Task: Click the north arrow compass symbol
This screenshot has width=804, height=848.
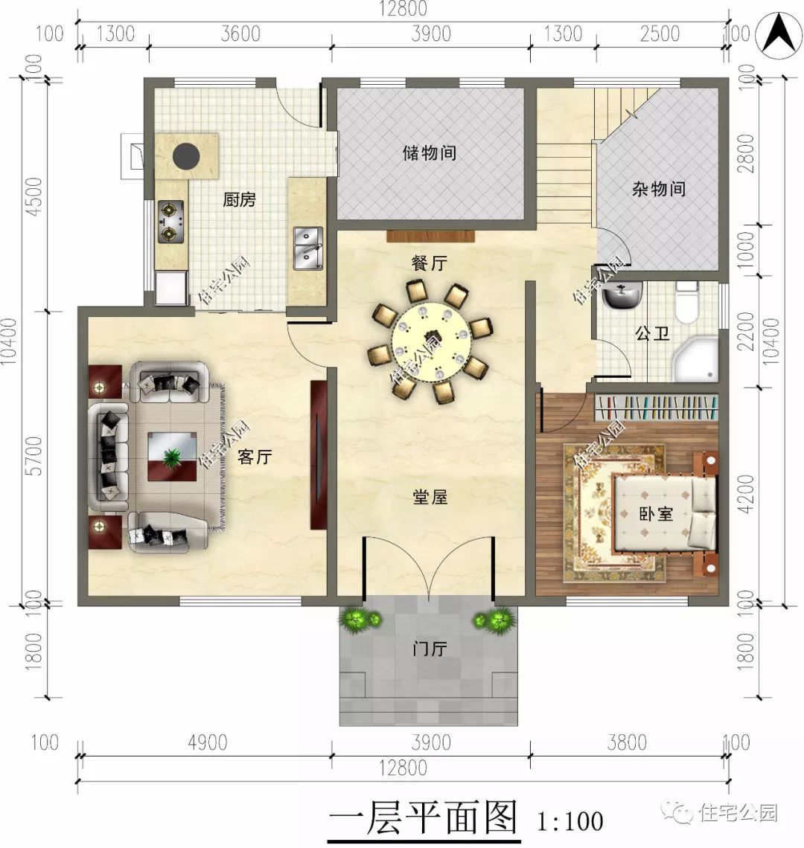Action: (x=778, y=34)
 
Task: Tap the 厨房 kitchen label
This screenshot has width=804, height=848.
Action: (x=239, y=199)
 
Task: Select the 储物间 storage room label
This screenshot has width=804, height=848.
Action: (x=430, y=153)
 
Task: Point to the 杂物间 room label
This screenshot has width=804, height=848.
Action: (x=659, y=188)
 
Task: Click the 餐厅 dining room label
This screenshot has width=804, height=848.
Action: (x=430, y=263)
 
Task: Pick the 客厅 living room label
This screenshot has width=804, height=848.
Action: (x=254, y=457)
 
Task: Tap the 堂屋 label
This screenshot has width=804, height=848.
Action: (x=430, y=497)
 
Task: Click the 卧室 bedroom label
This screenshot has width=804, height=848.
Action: (x=655, y=513)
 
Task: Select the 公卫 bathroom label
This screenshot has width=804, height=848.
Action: (x=652, y=333)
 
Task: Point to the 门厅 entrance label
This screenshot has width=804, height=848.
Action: (x=430, y=649)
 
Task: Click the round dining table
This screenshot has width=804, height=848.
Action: (x=431, y=338)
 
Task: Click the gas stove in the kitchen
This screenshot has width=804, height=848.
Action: (x=170, y=221)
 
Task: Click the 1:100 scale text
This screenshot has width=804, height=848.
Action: (x=569, y=821)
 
